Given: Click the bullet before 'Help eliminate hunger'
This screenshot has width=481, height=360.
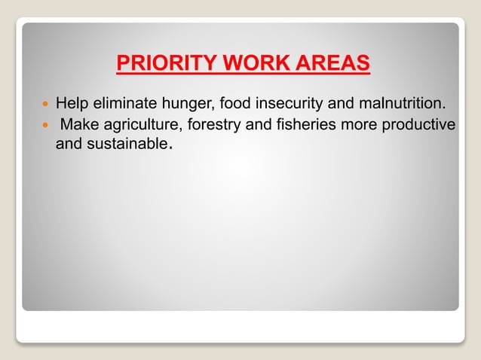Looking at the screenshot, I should [x=45, y=102].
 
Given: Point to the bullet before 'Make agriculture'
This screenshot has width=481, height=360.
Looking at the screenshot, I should [x=45, y=124].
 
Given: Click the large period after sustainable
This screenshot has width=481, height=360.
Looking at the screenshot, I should [x=172, y=147].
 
